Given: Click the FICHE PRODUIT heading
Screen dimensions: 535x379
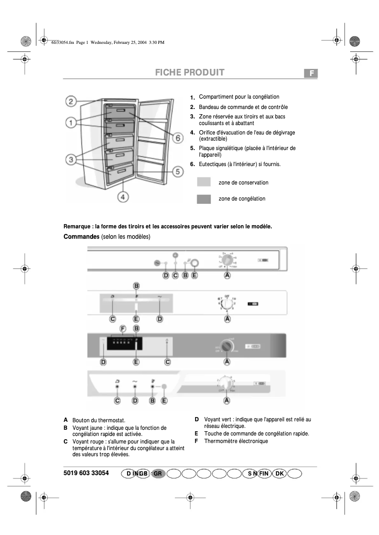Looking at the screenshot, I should tap(189, 73).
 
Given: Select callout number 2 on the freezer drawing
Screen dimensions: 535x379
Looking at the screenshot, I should tap(71, 101).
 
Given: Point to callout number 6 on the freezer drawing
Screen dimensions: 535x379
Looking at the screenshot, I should tap(177, 138).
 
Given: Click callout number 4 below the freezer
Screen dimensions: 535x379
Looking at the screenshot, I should tap(123, 197).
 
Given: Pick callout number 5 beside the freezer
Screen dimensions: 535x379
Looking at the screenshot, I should tap(177, 172).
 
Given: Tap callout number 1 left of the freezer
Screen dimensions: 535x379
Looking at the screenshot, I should tap(71, 124).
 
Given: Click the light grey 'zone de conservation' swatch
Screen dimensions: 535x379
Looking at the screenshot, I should tap(204, 183).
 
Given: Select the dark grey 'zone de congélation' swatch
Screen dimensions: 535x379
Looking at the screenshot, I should tap(204, 199).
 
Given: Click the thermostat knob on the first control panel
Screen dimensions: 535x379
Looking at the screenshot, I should tap(227, 260).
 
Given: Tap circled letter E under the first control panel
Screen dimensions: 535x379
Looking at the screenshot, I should tap(194, 275).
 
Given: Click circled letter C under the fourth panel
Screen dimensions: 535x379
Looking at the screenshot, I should tap(117, 401).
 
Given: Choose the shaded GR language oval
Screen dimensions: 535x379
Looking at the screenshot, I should tap(158, 473).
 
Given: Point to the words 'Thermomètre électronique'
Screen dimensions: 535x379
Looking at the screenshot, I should tap(236, 441).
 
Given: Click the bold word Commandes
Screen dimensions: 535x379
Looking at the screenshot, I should tap(81, 236).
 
